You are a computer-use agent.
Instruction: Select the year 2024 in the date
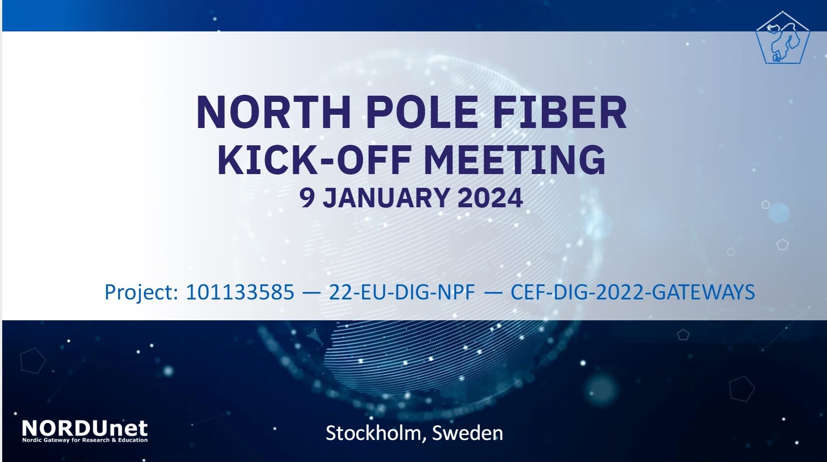(490, 198)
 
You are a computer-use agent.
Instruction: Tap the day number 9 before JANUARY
(306, 198)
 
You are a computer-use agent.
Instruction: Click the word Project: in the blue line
(141, 293)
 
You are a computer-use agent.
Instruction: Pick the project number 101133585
(240, 292)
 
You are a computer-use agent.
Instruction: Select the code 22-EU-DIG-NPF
(402, 292)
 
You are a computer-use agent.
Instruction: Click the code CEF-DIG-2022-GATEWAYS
(633, 292)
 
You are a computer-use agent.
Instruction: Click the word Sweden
(467, 433)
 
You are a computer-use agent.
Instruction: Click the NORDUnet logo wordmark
(85, 428)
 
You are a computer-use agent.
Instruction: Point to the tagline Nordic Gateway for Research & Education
(85, 440)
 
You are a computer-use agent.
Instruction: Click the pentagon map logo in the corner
(783, 38)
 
